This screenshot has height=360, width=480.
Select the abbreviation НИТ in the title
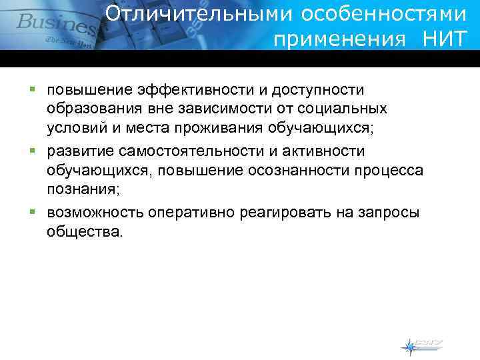click(x=445, y=39)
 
